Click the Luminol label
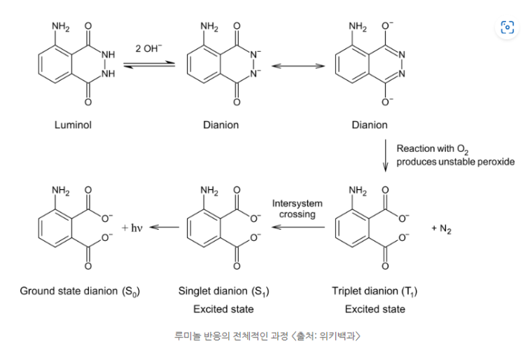point(73,125)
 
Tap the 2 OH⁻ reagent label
point(148,48)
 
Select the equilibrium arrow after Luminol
point(149,64)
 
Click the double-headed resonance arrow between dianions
point(298,66)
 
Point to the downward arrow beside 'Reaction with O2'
point(386,155)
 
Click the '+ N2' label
point(441,229)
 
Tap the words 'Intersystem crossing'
point(297,209)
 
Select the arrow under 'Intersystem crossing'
point(298,228)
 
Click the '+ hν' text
point(132,228)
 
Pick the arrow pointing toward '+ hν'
point(164,228)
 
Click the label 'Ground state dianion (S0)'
point(80,291)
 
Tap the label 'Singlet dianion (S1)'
point(224,291)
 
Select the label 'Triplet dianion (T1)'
point(374,291)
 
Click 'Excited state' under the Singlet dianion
point(223,309)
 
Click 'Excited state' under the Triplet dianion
point(375,309)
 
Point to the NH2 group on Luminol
point(61,27)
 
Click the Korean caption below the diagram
point(267,335)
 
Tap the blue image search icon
point(507,27)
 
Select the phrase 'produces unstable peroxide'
point(456,162)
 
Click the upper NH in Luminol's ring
point(108,54)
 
